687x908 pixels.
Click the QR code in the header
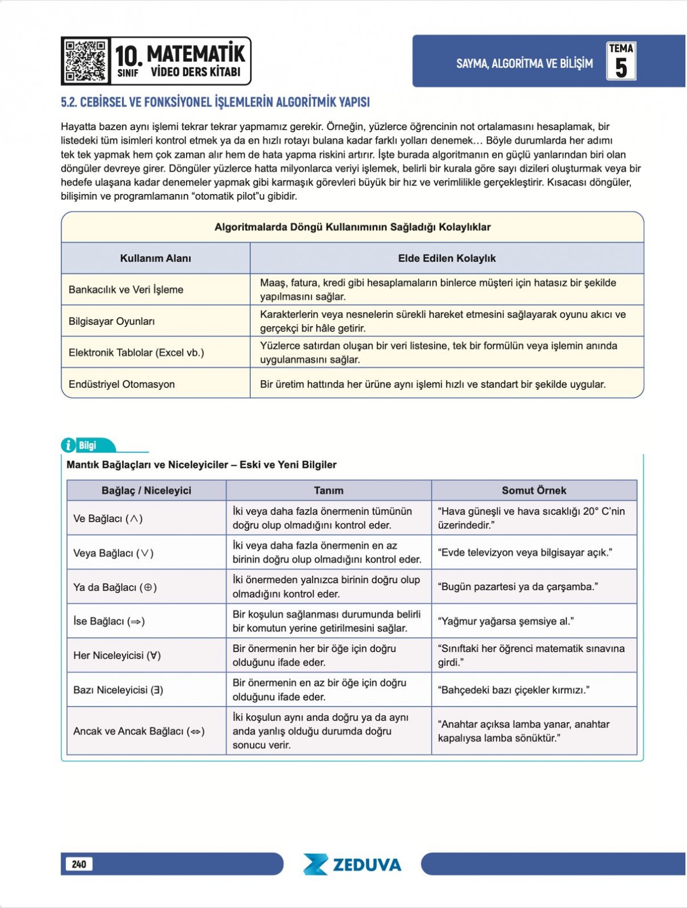point(85,61)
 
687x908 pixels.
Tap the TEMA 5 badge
point(621,61)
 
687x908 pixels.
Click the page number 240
point(79,864)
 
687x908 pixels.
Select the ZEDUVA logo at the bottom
point(352,864)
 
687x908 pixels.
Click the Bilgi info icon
point(68,445)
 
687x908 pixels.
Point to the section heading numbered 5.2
point(215,102)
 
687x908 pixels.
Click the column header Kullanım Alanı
point(155,258)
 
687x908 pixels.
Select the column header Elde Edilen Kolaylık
point(447,258)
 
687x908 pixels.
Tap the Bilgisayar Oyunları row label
point(112,321)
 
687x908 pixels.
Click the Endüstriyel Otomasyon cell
point(121,384)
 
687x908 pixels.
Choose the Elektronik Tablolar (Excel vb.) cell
point(136,353)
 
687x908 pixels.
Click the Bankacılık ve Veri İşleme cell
point(126,290)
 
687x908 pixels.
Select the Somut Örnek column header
point(534,491)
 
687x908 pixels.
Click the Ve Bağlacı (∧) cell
point(108,519)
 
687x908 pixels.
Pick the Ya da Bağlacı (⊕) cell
point(114,587)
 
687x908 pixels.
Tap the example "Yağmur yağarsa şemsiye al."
point(506,621)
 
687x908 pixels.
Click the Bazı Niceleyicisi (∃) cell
point(118,690)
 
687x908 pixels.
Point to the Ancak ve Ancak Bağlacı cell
point(139,731)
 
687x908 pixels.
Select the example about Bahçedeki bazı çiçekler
point(513,690)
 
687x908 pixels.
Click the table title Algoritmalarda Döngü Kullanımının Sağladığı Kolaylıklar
point(352,227)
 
